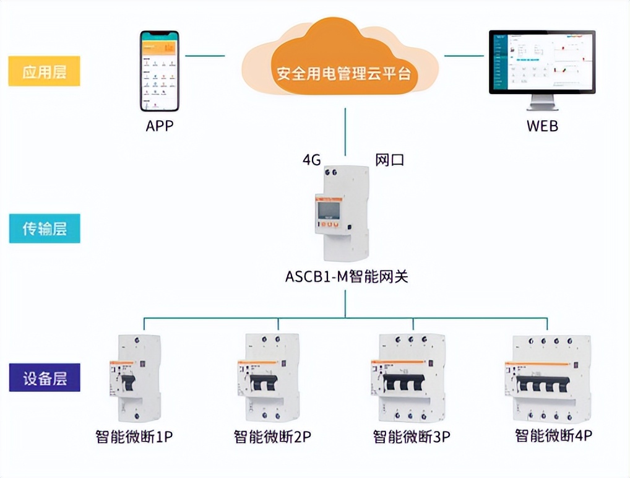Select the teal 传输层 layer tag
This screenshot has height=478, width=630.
[x=44, y=228]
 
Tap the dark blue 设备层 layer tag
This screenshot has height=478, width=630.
[x=44, y=377]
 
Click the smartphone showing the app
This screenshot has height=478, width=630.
[x=159, y=71]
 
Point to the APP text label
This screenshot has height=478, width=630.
[x=160, y=126]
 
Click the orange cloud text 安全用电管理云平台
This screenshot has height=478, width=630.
[x=343, y=74]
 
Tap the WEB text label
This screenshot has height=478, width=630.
[x=542, y=126]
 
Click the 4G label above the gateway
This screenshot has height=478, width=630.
[x=311, y=160]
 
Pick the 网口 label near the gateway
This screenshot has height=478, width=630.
[x=390, y=160]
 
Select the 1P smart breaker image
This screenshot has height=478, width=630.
[x=135, y=378]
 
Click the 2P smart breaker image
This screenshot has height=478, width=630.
[x=268, y=378]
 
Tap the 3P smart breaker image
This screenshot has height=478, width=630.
[x=411, y=378]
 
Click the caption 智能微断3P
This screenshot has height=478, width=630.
[x=412, y=437]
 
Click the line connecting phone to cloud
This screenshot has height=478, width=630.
[x=205, y=56]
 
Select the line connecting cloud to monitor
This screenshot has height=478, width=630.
[x=464, y=56]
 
